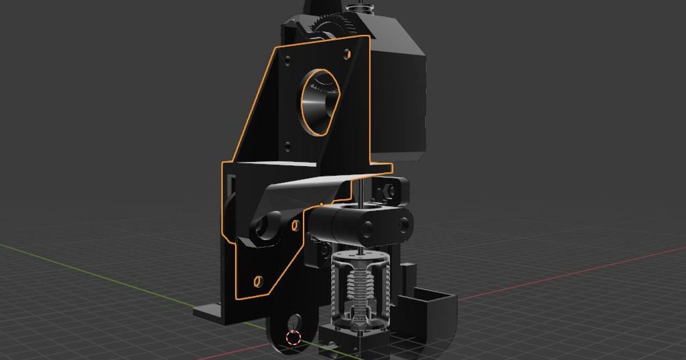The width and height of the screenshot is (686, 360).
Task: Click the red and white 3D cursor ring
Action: [294, 338]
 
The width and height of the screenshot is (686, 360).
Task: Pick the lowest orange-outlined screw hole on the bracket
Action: [257, 281]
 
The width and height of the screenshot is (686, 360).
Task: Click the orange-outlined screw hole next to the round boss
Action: [295, 225]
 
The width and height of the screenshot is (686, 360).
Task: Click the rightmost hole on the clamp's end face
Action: [405, 224]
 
